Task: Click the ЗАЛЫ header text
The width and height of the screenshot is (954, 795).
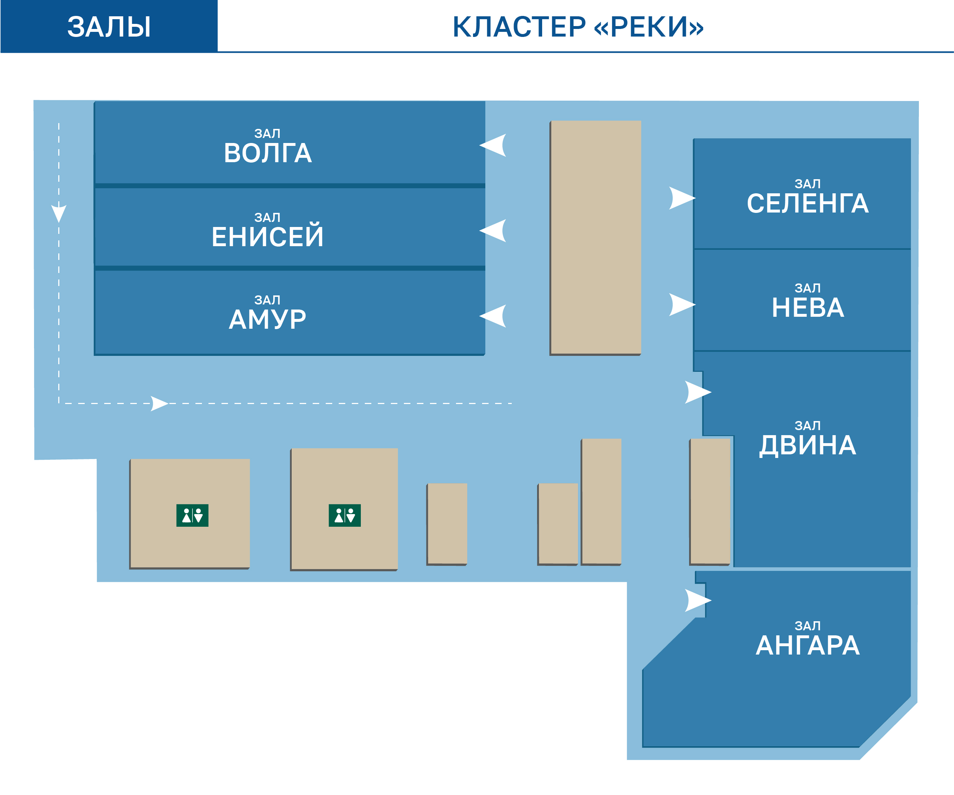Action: [x=109, y=27]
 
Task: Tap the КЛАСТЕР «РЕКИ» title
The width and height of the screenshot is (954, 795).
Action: [x=578, y=27]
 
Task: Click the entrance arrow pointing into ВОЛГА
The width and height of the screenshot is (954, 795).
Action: [x=494, y=145]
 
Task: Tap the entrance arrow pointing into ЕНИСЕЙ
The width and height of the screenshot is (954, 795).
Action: [x=494, y=231]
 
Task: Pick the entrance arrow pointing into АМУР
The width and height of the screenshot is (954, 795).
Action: [x=494, y=316]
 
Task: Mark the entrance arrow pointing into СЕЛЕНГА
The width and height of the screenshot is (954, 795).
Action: [x=681, y=198]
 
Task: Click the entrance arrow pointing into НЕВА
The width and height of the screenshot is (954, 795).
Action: [x=681, y=304]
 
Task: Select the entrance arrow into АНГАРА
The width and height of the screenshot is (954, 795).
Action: [x=697, y=601]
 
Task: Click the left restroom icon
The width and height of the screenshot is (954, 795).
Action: [x=192, y=516]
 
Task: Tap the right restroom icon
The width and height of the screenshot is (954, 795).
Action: [x=345, y=516]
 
